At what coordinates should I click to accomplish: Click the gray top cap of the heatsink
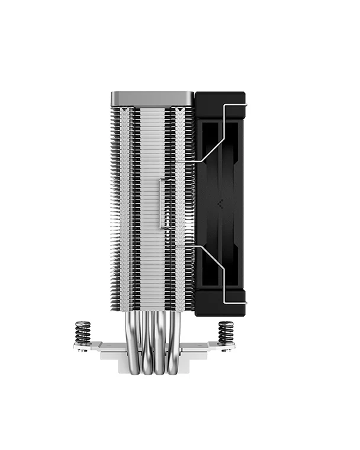click(152, 98)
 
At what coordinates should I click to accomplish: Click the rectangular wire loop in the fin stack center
click(161, 202)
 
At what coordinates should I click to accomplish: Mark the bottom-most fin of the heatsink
click(152, 308)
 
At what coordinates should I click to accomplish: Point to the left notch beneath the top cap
click(123, 111)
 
